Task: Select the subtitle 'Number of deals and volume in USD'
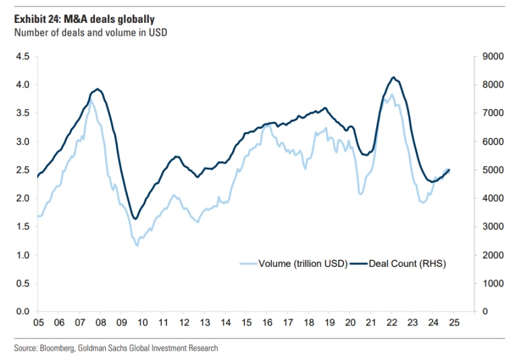pos(90,32)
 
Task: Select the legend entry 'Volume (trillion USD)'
pos(303,264)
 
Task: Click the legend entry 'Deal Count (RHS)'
pos(407,264)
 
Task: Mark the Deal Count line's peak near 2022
pos(393,78)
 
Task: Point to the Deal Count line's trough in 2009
pos(135,218)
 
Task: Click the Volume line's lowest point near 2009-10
pos(137,245)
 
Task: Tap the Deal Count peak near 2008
pos(98,89)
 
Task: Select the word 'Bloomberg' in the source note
pos(60,348)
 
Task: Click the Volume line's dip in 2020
pos(361,194)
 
